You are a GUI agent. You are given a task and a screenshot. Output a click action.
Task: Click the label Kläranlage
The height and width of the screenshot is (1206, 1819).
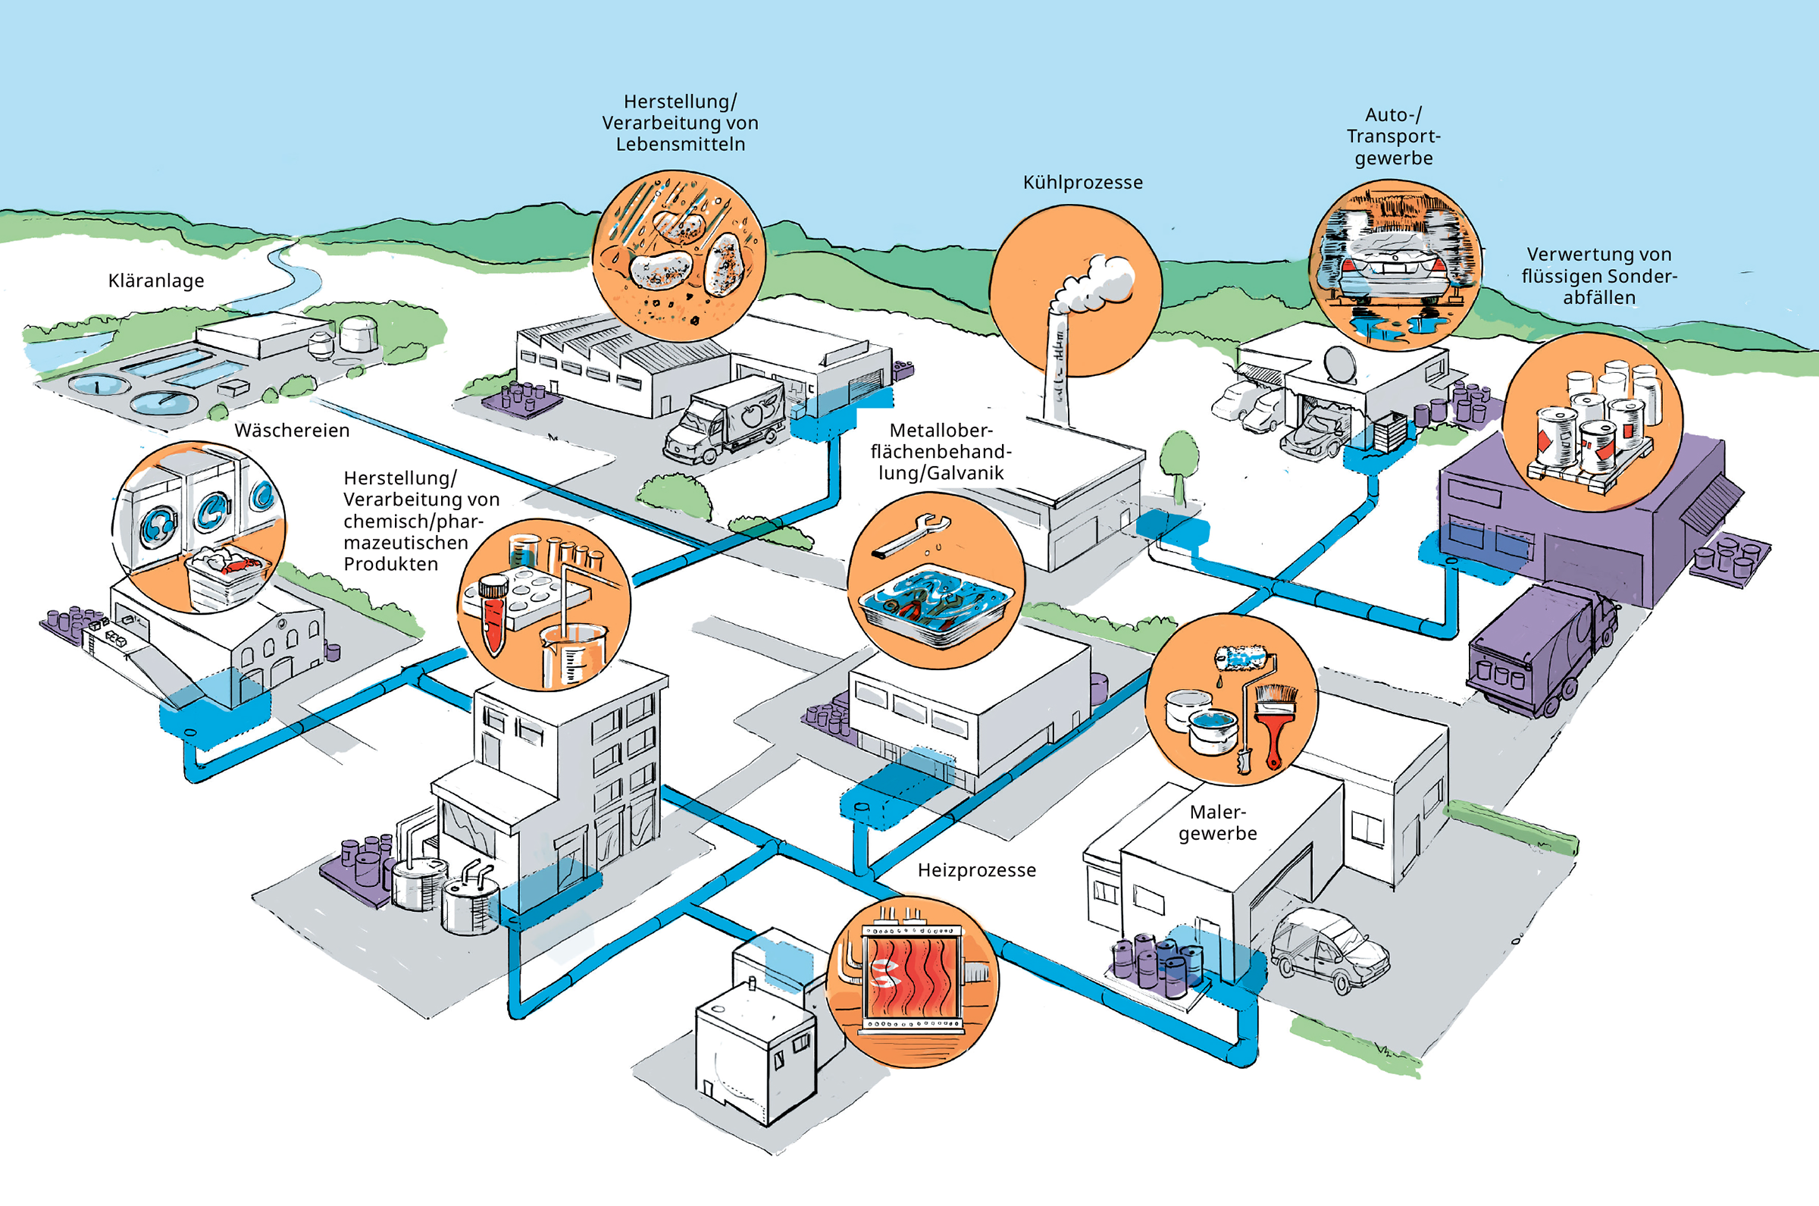(156, 280)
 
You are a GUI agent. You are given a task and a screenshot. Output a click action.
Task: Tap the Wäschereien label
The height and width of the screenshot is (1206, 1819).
(292, 431)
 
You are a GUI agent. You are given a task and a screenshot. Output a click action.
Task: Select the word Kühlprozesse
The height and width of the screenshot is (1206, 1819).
(1082, 183)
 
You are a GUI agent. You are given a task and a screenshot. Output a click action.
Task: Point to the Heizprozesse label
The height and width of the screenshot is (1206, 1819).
(976, 870)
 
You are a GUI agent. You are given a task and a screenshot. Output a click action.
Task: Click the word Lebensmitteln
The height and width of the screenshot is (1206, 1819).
(681, 145)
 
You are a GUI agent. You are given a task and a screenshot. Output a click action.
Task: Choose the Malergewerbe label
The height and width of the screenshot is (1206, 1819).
(1218, 822)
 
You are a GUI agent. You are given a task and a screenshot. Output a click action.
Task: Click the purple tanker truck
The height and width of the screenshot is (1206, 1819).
(1542, 650)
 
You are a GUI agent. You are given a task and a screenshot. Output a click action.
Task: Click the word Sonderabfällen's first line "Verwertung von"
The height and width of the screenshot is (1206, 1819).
(1599, 255)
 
